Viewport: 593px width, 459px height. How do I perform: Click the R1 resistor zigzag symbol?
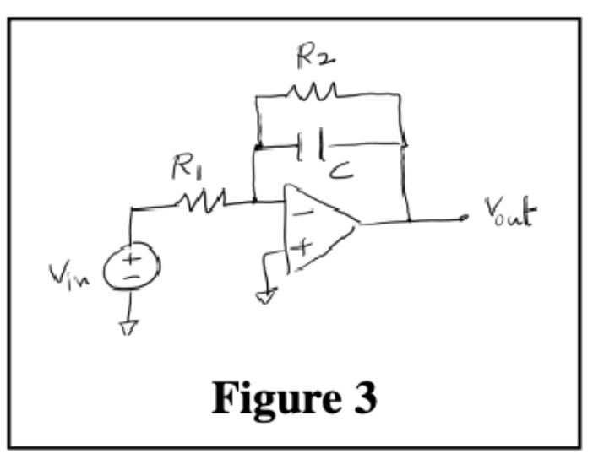[201, 200]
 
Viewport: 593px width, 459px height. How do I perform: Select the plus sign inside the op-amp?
[302, 247]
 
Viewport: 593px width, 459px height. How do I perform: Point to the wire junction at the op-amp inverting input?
[255, 201]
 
